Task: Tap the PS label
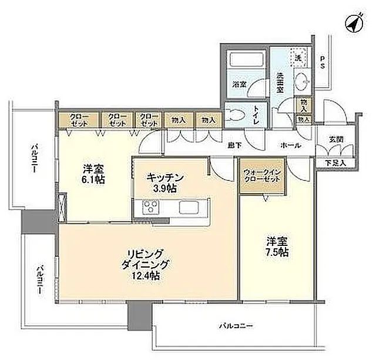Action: click(323, 63)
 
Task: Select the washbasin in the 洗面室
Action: click(304, 81)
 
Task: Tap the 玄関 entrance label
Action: click(337, 139)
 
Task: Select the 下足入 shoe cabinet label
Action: click(336, 162)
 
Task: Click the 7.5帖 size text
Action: click(276, 252)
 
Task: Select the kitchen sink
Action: click(190, 207)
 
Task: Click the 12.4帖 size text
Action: click(147, 275)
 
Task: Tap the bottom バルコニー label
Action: click(237, 324)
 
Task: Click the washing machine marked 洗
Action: click(298, 58)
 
